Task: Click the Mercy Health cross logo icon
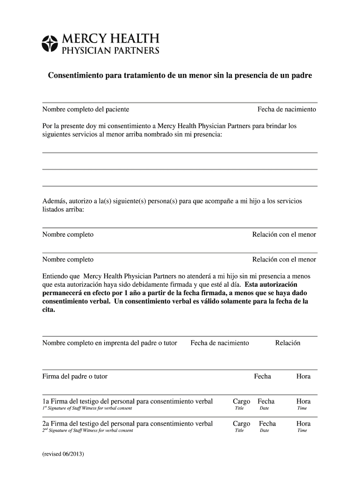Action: tap(49, 43)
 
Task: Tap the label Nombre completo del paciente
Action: tap(86, 109)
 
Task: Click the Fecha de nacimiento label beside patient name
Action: tap(287, 109)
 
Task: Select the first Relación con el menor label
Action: tap(284, 235)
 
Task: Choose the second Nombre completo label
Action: tap(68, 260)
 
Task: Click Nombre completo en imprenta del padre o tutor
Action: tap(110, 343)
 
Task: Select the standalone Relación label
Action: tap(288, 343)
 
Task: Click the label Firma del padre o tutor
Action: tap(75, 377)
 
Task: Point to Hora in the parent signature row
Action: tap(303, 377)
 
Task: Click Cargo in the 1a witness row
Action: tap(241, 401)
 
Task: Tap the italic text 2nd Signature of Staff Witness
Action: tap(87, 430)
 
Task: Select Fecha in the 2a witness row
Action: tap(267, 424)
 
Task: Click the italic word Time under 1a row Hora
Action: tap(302, 408)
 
